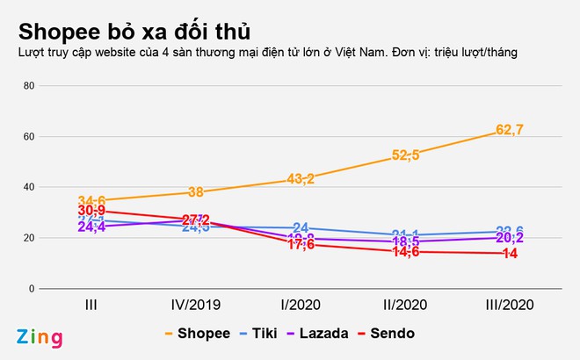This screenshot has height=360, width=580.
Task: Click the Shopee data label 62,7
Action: click(x=510, y=131)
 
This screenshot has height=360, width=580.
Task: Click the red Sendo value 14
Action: click(x=510, y=254)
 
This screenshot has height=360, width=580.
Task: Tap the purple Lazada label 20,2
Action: click(x=511, y=238)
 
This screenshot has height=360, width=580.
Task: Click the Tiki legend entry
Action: click(x=261, y=334)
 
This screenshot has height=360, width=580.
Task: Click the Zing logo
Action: click(x=37, y=336)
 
